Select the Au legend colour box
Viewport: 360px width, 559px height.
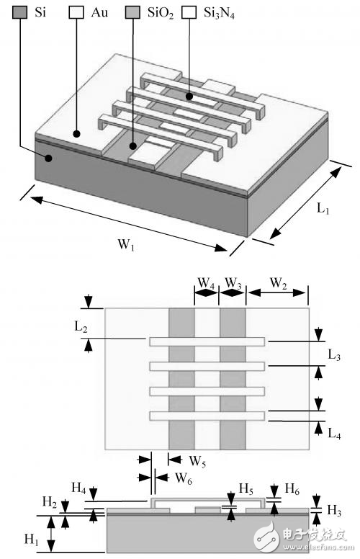76,12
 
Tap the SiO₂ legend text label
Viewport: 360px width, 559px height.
159,12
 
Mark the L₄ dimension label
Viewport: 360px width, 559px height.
334,434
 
